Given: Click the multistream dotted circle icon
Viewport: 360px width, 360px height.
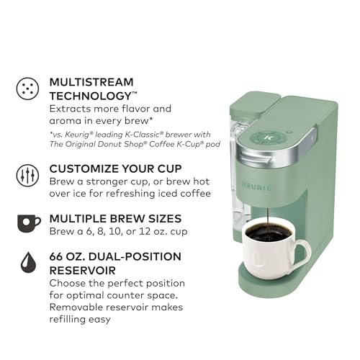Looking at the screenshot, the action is click(x=27, y=89).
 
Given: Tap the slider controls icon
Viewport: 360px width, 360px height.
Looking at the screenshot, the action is click(x=27, y=176).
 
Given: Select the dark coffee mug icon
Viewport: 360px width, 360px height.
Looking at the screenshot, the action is click(x=29, y=223).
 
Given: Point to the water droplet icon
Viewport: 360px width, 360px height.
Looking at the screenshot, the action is click(x=28, y=262).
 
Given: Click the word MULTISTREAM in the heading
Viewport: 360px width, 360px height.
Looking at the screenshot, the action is click(x=91, y=82).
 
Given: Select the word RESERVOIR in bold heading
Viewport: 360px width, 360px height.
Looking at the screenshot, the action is click(x=83, y=271).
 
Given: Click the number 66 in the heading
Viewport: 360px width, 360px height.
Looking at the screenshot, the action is click(x=56, y=256).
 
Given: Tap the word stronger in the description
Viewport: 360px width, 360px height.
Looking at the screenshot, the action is click(x=107, y=181).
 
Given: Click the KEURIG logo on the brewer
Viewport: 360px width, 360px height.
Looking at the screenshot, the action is click(x=256, y=186).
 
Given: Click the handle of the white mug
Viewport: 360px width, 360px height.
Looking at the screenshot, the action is click(x=302, y=254).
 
